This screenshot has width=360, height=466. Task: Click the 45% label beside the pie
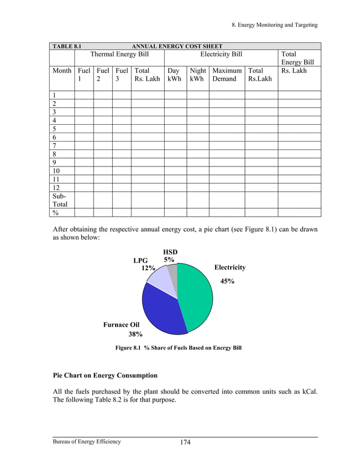pyautogui.click(x=227, y=281)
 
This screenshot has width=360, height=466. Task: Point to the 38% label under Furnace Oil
pyautogui.click(x=135, y=334)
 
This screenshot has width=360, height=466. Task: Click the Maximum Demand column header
pyautogui.click(x=226, y=75)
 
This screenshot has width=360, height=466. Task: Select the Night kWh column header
pyautogui.click(x=197, y=75)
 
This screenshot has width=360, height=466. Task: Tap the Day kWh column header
pyautogui.click(x=174, y=75)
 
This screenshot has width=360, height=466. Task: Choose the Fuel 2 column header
pyautogui.click(x=102, y=75)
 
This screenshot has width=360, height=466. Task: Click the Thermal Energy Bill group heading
pyautogui.click(x=119, y=54)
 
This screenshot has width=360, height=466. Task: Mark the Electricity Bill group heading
pyautogui.click(x=221, y=54)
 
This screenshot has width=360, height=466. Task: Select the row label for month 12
pyautogui.click(x=56, y=187)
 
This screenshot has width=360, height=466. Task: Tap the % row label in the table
pyautogui.click(x=56, y=213)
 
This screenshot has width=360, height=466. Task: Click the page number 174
pyautogui.click(x=185, y=442)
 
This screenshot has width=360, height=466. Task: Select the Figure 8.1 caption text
pyautogui.click(x=178, y=348)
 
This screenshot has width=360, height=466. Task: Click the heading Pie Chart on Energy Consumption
pyautogui.click(x=105, y=375)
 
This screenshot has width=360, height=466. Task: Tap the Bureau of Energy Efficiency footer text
pyautogui.click(x=87, y=441)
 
